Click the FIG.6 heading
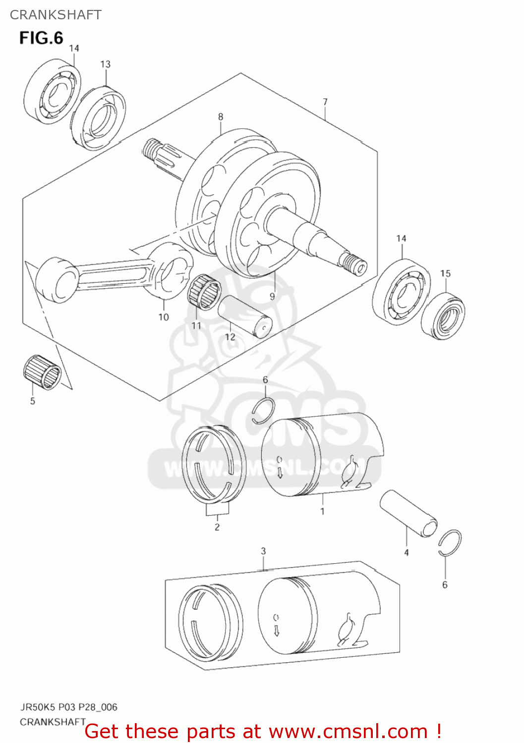41,38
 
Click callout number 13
105,64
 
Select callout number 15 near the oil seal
445,273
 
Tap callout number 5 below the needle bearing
33,401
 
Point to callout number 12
230,337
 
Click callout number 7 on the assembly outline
325,102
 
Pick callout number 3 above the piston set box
263,551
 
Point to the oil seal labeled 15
443,316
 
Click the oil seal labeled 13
98,117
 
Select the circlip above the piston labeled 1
263,411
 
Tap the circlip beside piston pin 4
450,543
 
